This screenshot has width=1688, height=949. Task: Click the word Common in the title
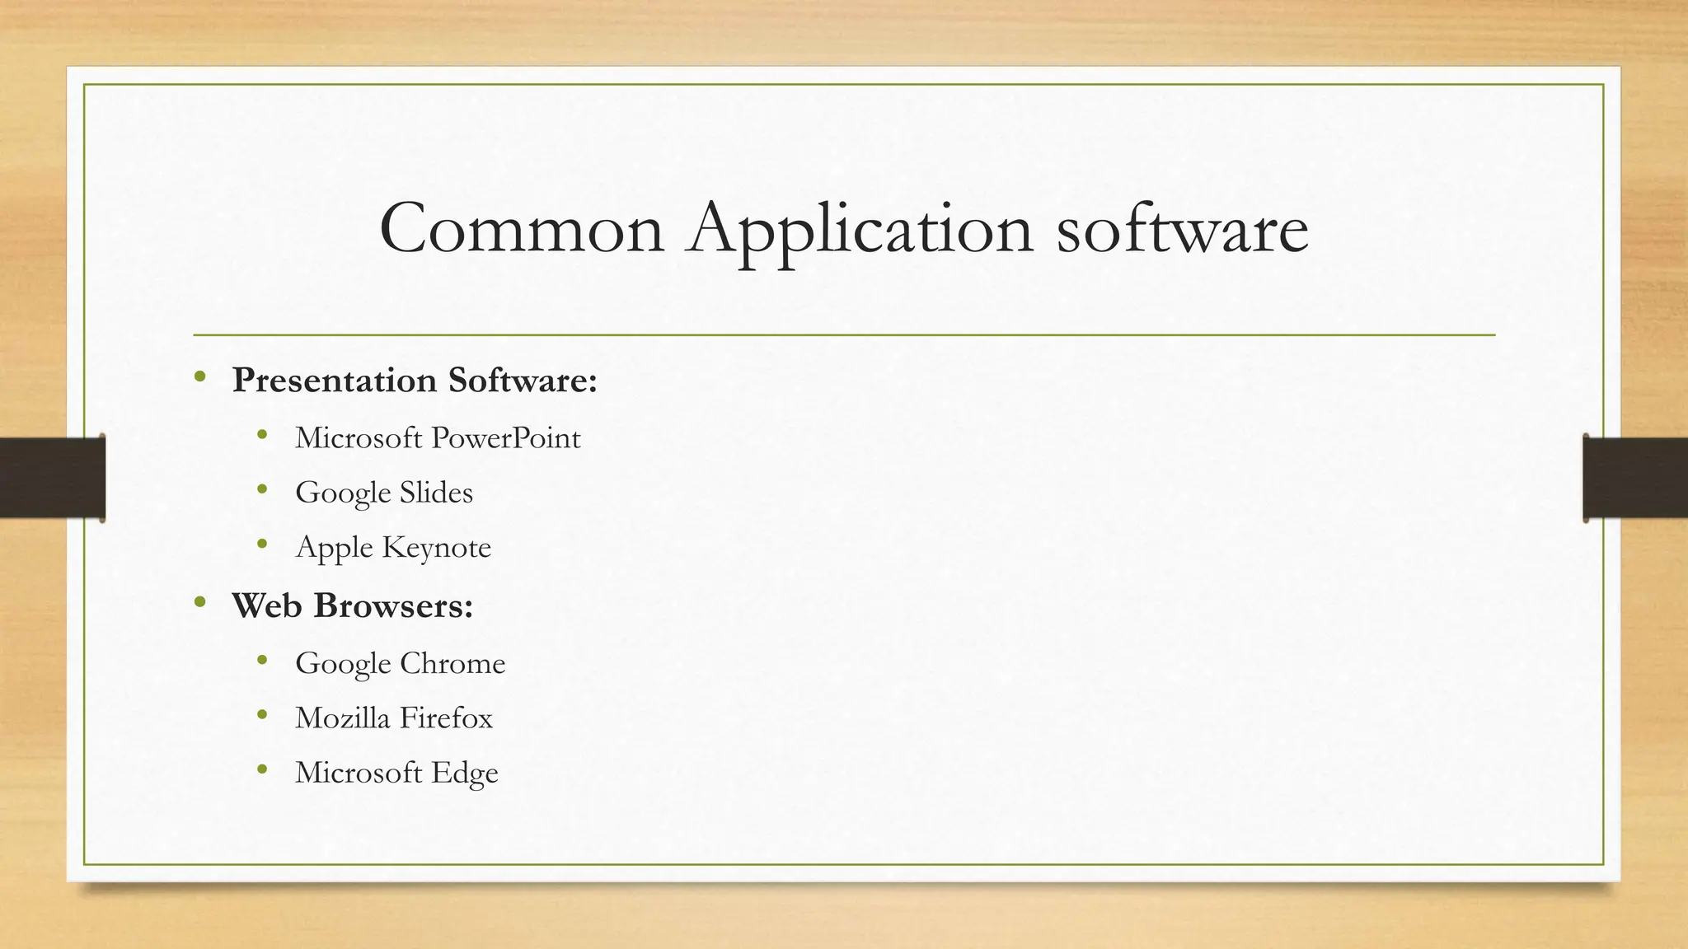(522, 230)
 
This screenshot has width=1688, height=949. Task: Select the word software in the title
(1182, 230)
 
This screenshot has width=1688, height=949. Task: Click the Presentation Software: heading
(415, 381)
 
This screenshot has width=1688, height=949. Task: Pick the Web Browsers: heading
(353, 606)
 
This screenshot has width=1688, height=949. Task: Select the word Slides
(436, 493)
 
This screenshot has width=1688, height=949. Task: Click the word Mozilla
(342, 718)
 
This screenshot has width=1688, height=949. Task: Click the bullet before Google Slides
(263, 490)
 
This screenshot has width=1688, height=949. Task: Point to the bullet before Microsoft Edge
(263, 770)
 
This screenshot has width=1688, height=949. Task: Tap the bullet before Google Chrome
(263, 661)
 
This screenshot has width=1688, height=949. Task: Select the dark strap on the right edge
(1635, 478)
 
